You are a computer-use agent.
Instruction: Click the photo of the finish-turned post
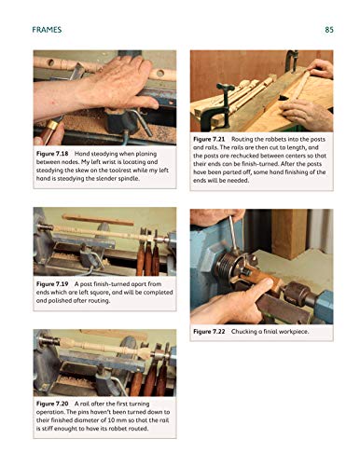tap(104, 240)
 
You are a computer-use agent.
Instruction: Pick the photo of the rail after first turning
tap(104, 363)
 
